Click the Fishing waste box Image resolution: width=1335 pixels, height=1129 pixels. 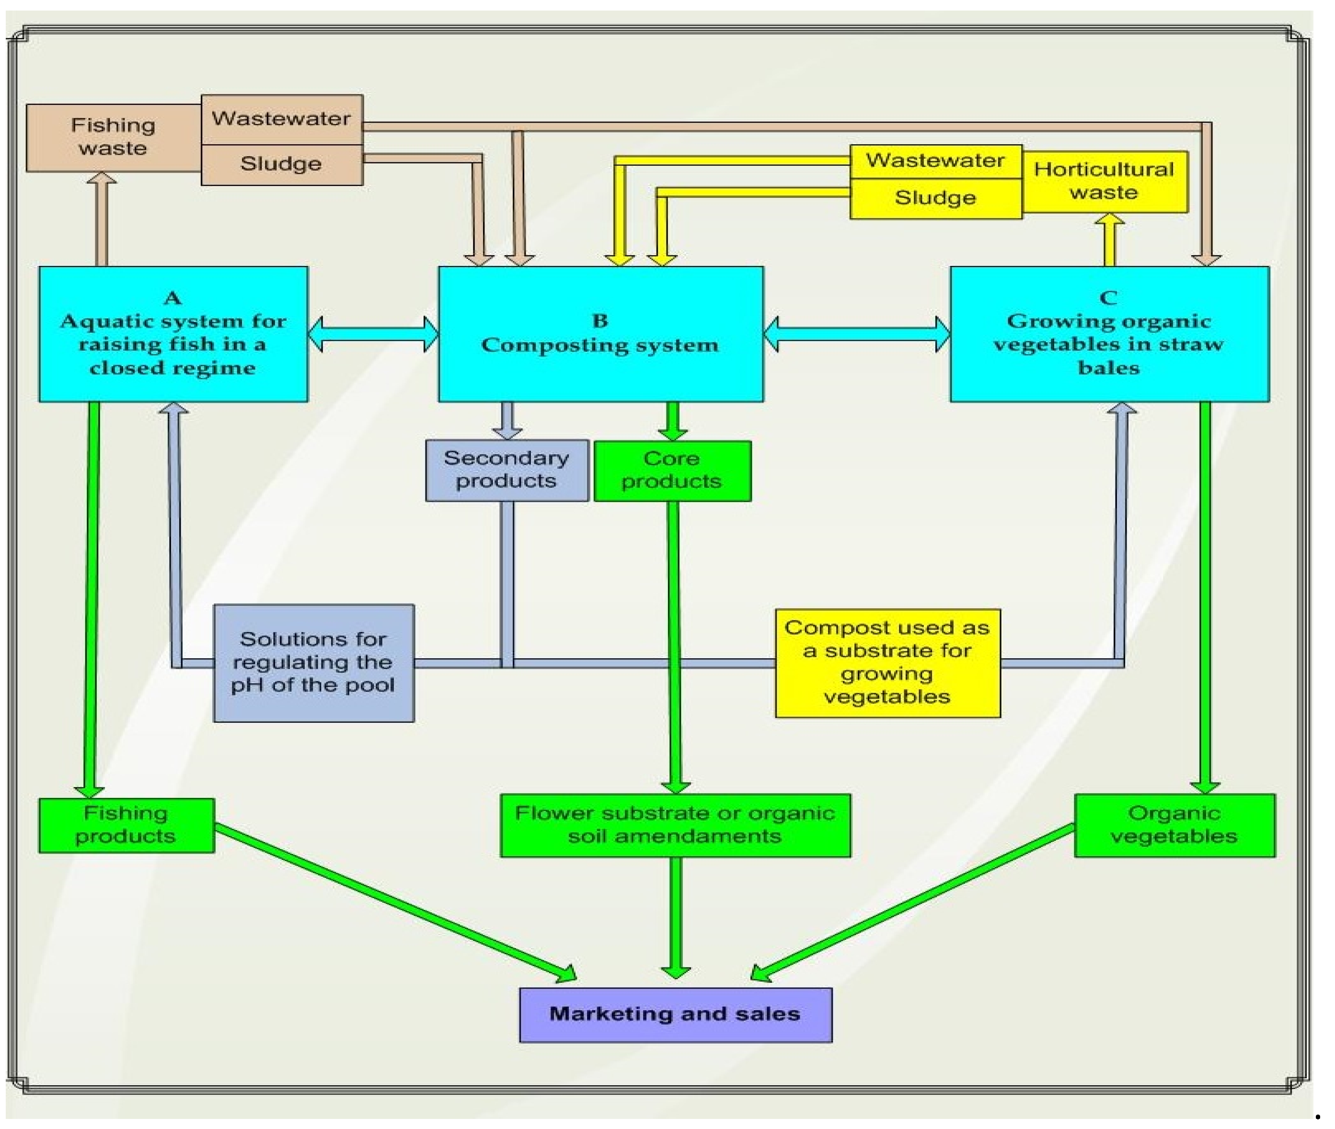113,138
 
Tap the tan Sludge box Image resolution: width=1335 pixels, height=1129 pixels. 282,164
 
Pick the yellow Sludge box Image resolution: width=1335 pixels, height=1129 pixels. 935,198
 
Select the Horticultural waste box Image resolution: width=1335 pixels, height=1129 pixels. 1104,182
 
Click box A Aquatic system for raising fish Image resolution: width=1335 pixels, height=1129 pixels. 173,334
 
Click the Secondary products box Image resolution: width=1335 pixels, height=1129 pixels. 506,470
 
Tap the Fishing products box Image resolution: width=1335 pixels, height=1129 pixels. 126,825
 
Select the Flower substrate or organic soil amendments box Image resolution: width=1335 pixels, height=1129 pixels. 675,825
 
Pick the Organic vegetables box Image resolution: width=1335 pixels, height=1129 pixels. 1174,825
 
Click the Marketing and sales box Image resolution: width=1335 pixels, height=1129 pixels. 675,1014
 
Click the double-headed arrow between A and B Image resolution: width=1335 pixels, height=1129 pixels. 373,334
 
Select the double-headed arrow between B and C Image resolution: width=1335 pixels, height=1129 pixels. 856,334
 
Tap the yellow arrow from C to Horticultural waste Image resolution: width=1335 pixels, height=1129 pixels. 1109,240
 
